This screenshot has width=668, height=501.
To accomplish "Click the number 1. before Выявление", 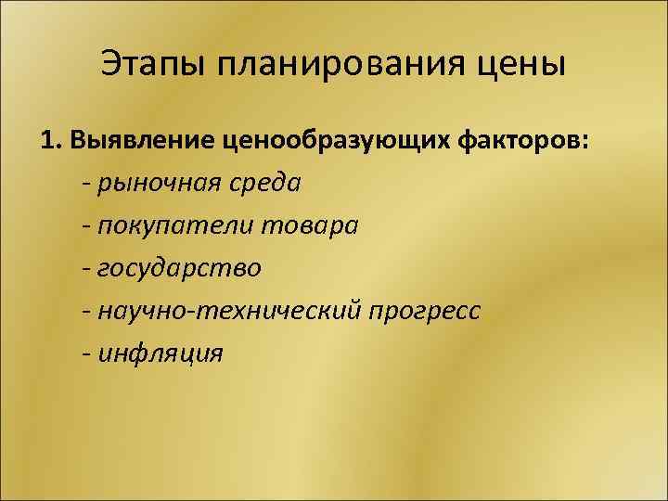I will (50, 139).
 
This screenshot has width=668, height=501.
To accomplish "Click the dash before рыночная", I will (85, 183).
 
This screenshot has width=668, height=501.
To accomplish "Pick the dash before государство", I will (85, 269).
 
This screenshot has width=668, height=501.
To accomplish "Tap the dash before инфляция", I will (85, 353).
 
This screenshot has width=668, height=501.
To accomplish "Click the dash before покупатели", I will (85, 226).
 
